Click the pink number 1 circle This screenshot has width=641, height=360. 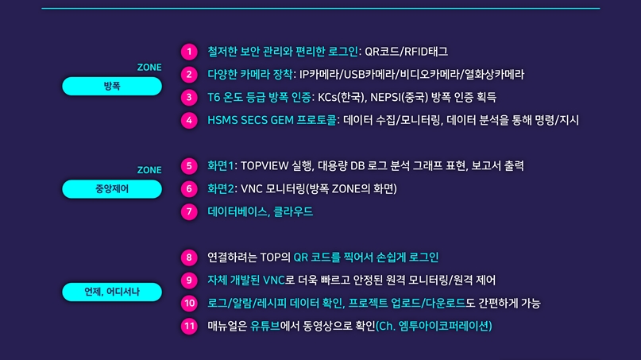(x=189, y=52)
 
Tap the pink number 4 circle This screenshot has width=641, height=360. (x=189, y=121)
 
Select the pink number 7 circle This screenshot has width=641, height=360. (x=189, y=211)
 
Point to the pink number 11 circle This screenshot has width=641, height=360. (x=189, y=326)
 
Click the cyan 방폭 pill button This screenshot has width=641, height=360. (x=112, y=86)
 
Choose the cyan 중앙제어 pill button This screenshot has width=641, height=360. (x=112, y=188)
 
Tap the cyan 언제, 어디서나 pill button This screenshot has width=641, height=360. (x=112, y=292)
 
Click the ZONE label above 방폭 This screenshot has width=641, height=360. (x=149, y=68)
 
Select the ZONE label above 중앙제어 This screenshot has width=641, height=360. (x=149, y=170)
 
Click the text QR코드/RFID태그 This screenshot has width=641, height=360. (x=406, y=52)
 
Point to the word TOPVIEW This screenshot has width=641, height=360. (x=268, y=166)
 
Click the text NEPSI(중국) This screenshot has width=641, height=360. (x=401, y=98)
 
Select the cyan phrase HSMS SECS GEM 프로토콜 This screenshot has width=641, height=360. (x=272, y=121)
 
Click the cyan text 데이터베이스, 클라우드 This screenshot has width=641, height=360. (x=260, y=211)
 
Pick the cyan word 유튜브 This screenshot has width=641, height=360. (x=265, y=326)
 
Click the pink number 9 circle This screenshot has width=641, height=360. (x=189, y=280)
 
